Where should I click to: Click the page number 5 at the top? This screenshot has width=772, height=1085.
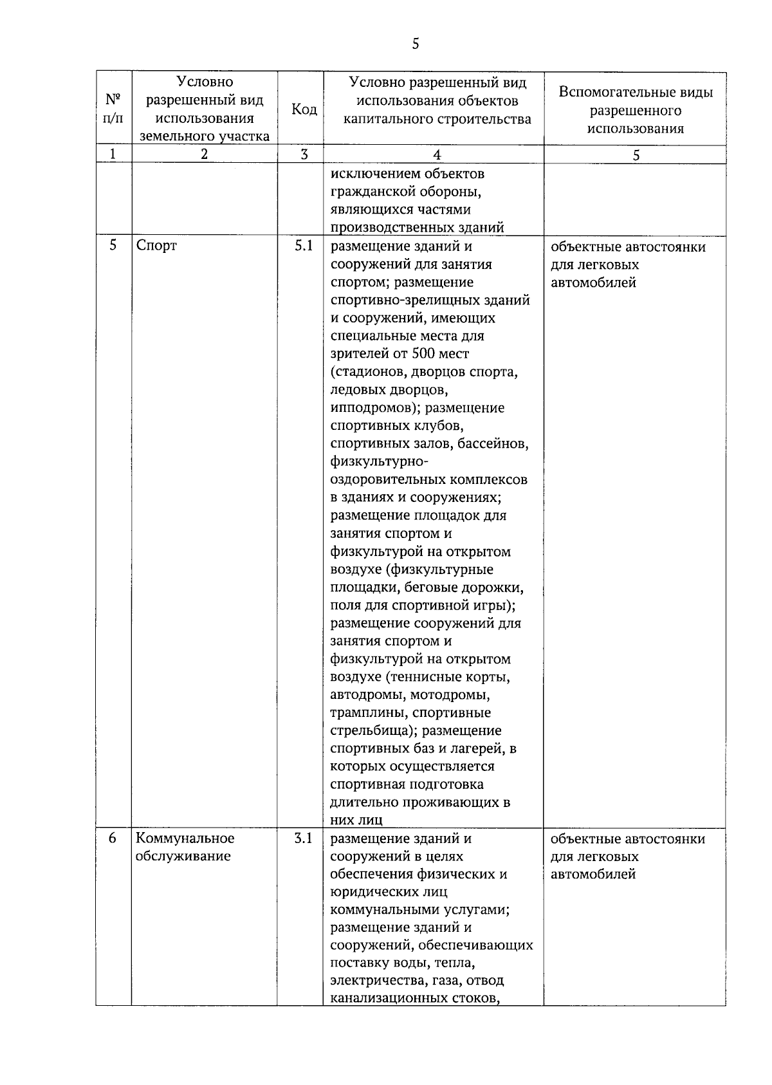pyautogui.click(x=415, y=44)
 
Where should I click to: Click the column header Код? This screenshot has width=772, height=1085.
pyautogui.click(x=304, y=109)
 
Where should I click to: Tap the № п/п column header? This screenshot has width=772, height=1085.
pyautogui.click(x=113, y=109)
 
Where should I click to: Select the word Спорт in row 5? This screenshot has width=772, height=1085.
pyautogui.click(x=156, y=245)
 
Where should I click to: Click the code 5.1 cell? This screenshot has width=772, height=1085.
pyautogui.click(x=303, y=245)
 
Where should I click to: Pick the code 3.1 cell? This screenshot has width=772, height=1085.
pyautogui.click(x=303, y=838)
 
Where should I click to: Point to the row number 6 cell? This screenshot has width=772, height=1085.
pyautogui.click(x=113, y=838)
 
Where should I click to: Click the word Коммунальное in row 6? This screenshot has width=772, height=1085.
pyautogui.click(x=185, y=838)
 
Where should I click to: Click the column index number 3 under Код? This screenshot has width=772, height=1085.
pyautogui.click(x=304, y=154)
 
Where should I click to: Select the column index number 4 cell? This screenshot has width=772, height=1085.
pyautogui.click(x=437, y=154)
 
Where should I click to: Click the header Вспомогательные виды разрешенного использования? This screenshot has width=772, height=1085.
pyautogui.click(x=636, y=109)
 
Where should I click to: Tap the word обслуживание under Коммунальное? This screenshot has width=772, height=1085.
pyautogui.click(x=183, y=856)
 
